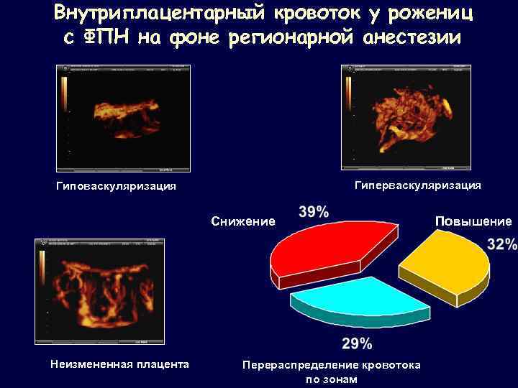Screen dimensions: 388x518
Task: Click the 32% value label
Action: click(502, 244)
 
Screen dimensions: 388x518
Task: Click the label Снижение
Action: click(243, 221)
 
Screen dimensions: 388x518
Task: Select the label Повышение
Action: click(473, 221)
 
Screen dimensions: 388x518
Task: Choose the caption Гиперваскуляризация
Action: click(418, 185)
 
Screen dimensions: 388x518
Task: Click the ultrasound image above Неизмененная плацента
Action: click(99, 291)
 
